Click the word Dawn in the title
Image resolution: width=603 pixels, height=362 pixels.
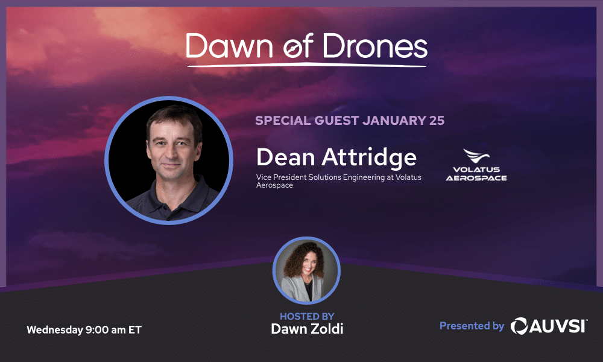pos(230,46)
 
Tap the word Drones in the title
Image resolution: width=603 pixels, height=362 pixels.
pos(375,46)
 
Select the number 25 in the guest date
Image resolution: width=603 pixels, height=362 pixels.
pos(437,121)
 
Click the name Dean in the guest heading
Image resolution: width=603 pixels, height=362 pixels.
pos(286,157)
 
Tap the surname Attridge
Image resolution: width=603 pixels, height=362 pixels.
pos(369,157)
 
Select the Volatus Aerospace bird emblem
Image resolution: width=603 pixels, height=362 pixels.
pos(476,156)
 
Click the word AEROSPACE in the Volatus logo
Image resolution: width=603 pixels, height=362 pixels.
pos(476,178)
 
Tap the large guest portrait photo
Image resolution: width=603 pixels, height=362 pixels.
pos(169,160)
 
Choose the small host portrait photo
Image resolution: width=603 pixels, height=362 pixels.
pos(306,270)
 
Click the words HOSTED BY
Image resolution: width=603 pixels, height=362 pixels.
pos(307,316)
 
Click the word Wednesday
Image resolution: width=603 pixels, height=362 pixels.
pos(55,330)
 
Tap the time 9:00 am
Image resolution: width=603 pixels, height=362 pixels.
pos(106,329)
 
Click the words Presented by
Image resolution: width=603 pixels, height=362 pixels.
pos(472,326)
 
